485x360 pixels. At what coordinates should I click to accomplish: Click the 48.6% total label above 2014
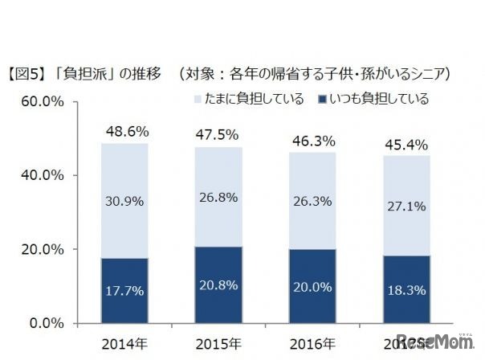(x=124, y=130)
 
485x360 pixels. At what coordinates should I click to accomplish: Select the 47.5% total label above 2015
(x=218, y=133)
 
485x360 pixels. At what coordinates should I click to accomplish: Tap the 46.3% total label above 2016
(x=310, y=138)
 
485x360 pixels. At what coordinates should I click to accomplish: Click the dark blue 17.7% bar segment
(x=124, y=290)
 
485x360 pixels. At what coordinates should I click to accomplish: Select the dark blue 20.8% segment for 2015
(x=218, y=284)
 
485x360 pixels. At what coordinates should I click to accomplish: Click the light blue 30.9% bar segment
(x=124, y=200)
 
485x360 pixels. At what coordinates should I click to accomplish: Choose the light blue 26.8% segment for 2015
(x=218, y=197)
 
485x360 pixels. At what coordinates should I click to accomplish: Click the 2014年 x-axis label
(x=124, y=343)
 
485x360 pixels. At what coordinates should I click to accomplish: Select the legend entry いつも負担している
(x=374, y=100)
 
